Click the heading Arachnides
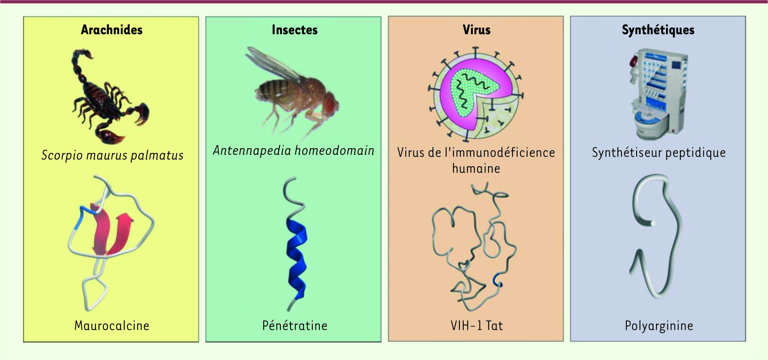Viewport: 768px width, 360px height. [112, 30]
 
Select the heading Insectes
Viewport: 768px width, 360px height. [295, 30]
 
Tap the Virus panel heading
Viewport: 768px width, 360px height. [476, 30]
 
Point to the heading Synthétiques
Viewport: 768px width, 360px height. [658, 30]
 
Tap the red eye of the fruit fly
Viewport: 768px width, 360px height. [330, 104]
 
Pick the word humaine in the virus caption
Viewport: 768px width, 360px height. [476, 169]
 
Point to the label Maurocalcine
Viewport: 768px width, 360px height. [112, 326]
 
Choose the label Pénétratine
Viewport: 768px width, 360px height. [295, 326]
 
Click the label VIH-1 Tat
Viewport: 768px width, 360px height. [477, 326]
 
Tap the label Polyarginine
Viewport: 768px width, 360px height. [659, 326]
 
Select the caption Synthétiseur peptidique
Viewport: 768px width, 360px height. [659, 153]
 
